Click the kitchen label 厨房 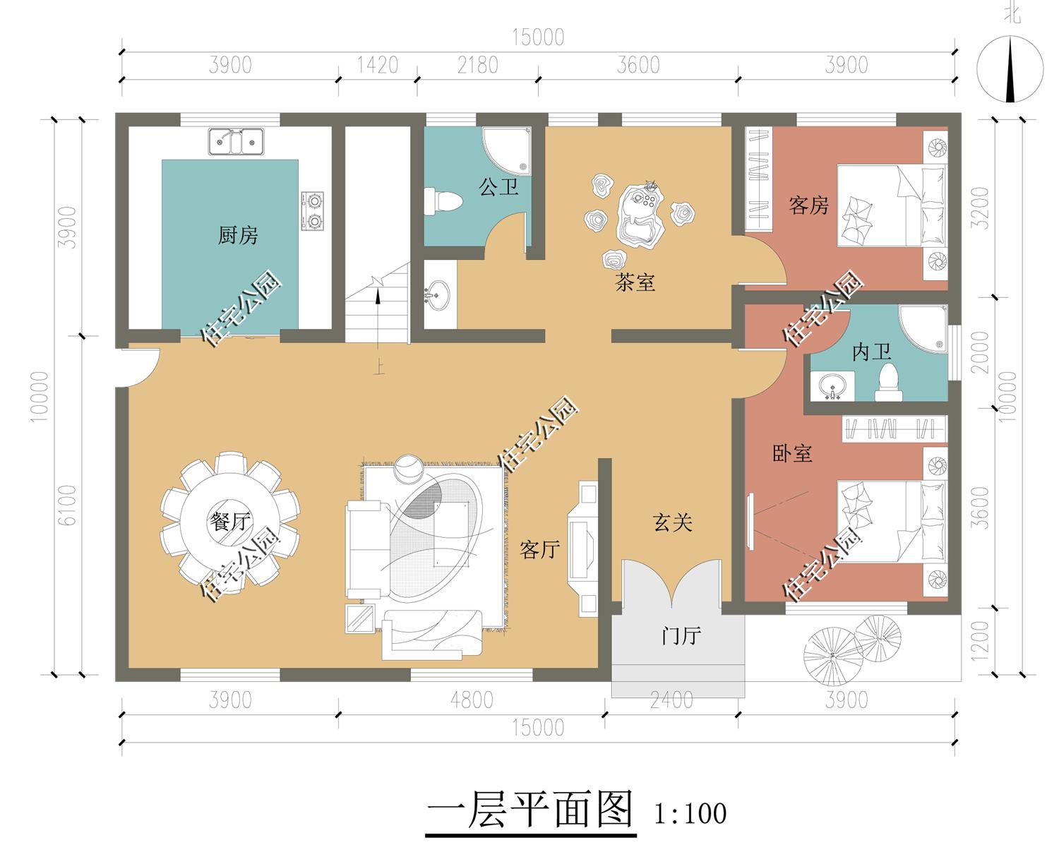coord(238,235)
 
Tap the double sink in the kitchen coord(237,141)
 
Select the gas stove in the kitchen coord(313,211)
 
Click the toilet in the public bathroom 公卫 coord(443,201)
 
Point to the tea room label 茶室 coord(635,282)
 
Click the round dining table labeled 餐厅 coord(229,522)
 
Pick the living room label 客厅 coord(539,550)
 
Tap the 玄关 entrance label coord(673,522)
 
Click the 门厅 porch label coord(681,636)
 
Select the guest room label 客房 coord(808,205)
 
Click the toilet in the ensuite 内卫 coord(888,383)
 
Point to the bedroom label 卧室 coord(792,453)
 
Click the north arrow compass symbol coord(1010,69)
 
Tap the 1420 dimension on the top coord(378,65)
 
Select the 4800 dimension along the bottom coord(472,700)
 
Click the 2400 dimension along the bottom coord(671,700)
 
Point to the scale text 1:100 coord(690,814)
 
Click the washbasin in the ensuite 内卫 coord(833,385)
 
